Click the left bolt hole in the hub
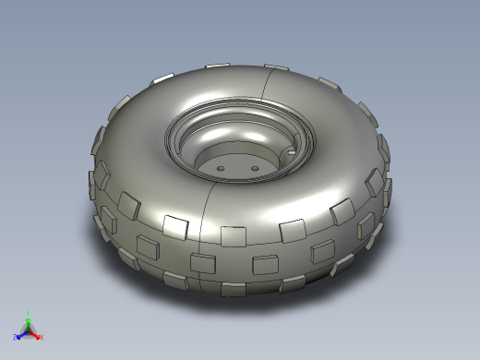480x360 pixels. [222, 168]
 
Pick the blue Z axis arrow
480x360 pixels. [21, 335]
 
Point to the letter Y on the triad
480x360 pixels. [29, 313]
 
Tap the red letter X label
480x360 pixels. [42, 337]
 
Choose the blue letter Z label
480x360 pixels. [16, 338]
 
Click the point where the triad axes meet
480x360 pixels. [29, 331]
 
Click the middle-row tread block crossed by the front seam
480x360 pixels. [201, 262]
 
